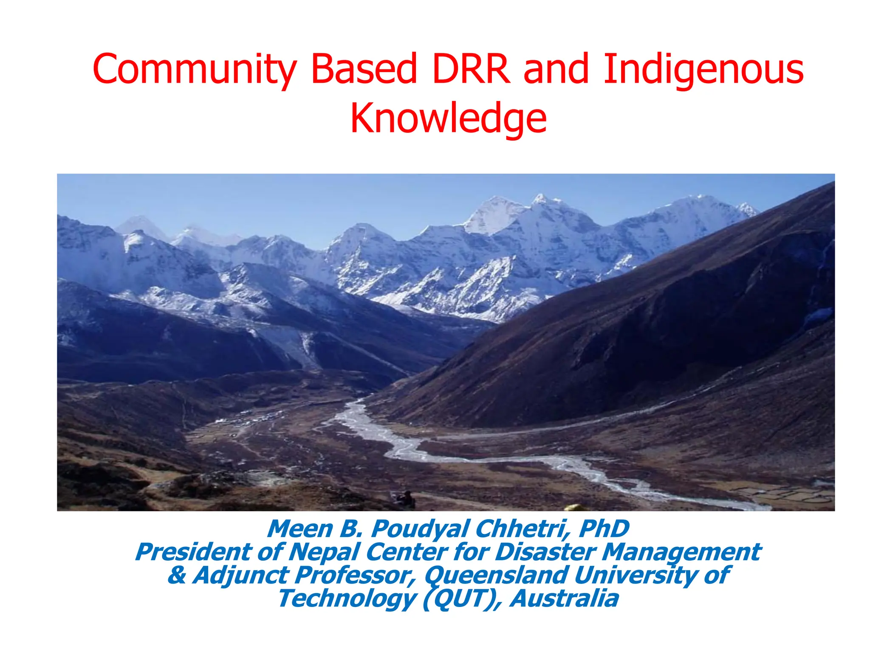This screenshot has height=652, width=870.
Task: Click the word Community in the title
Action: tap(194, 70)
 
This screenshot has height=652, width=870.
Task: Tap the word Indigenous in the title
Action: tap(703, 70)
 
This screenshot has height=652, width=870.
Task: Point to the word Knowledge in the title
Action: tap(448, 119)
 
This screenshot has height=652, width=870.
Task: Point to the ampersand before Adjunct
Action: tap(177, 576)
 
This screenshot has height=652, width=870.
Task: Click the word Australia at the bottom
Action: tap(565, 599)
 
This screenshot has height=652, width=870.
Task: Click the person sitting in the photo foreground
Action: tap(407, 499)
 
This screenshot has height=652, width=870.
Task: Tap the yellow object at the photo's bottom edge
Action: tap(576, 508)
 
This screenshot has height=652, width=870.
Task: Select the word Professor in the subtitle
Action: tap(355, 576)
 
